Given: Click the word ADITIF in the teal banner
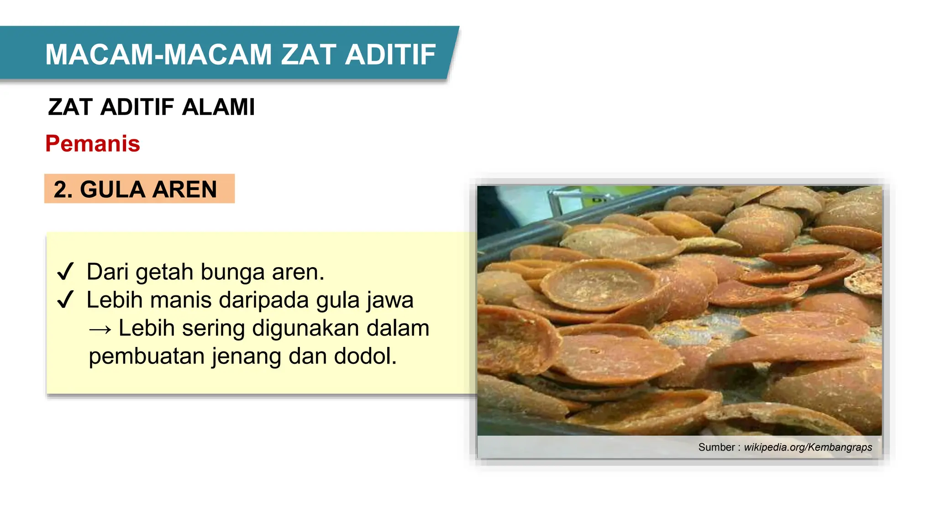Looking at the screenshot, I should (x=390, y=55).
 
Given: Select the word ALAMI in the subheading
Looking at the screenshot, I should (x=218, y=107).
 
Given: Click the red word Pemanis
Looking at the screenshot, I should (x=93, y=144).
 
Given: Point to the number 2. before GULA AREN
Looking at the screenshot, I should (x=63, y=189).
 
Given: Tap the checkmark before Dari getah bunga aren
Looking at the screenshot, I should (x=65, y=272).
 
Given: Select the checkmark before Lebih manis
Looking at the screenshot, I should (x=65, y=300).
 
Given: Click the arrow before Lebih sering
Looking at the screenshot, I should (x=100, y=329).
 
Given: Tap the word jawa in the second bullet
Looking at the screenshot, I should (x=390, y=300).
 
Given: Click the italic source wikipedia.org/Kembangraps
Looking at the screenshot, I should (x=808, y=447).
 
